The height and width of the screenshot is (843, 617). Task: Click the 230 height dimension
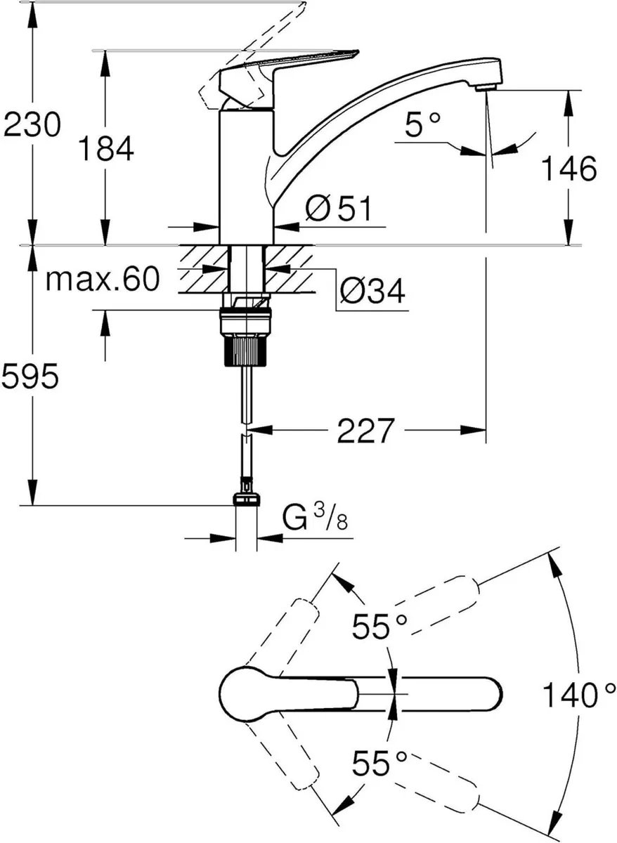click(32, 126)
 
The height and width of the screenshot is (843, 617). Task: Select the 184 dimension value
click(105, 150)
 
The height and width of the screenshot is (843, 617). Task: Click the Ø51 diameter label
click(338, 209)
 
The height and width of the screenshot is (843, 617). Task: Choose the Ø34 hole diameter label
click(372, 290)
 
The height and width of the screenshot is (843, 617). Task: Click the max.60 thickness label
click(102, 280)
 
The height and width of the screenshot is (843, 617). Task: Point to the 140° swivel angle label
click(573, 695)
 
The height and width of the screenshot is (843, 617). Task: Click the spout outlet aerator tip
click(484, 87)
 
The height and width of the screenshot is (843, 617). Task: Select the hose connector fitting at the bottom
click(246, 496)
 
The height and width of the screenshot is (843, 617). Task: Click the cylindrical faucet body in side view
click(246, 176)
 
